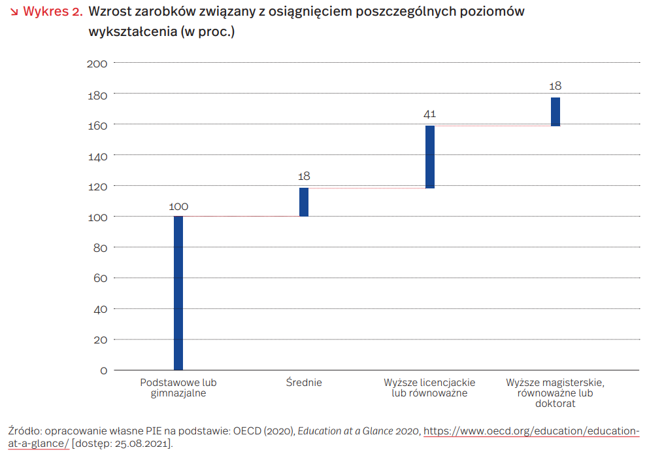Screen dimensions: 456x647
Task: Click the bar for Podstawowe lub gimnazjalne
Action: [x=178, y=293]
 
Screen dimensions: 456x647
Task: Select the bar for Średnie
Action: [x=304, y=202]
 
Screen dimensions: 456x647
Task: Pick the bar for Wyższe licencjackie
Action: [x=430, y=157]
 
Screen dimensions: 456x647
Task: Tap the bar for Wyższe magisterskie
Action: [x=556, y=112]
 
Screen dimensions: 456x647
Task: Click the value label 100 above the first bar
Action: [x=178, y=207]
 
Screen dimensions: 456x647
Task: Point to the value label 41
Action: [x=429, y=114]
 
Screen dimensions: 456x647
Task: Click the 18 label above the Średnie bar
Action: [x=304, y=177]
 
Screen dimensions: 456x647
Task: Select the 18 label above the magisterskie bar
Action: [x=556, y=86]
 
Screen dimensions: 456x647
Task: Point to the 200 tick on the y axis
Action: [x=97, y=63]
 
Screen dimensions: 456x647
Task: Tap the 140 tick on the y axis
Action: [x=97, y=156]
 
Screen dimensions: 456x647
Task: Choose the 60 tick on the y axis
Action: [x=99, y=278]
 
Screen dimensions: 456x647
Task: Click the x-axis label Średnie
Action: [x=304, y=383]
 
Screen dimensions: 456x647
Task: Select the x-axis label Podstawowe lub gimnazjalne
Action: [x=178, y=388]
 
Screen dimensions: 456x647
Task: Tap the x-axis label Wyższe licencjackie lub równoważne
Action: [x=429, y=388]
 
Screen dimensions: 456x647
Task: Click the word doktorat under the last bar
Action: [x=555, y=404]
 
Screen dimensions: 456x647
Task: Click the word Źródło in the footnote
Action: [x=25, y=432]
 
